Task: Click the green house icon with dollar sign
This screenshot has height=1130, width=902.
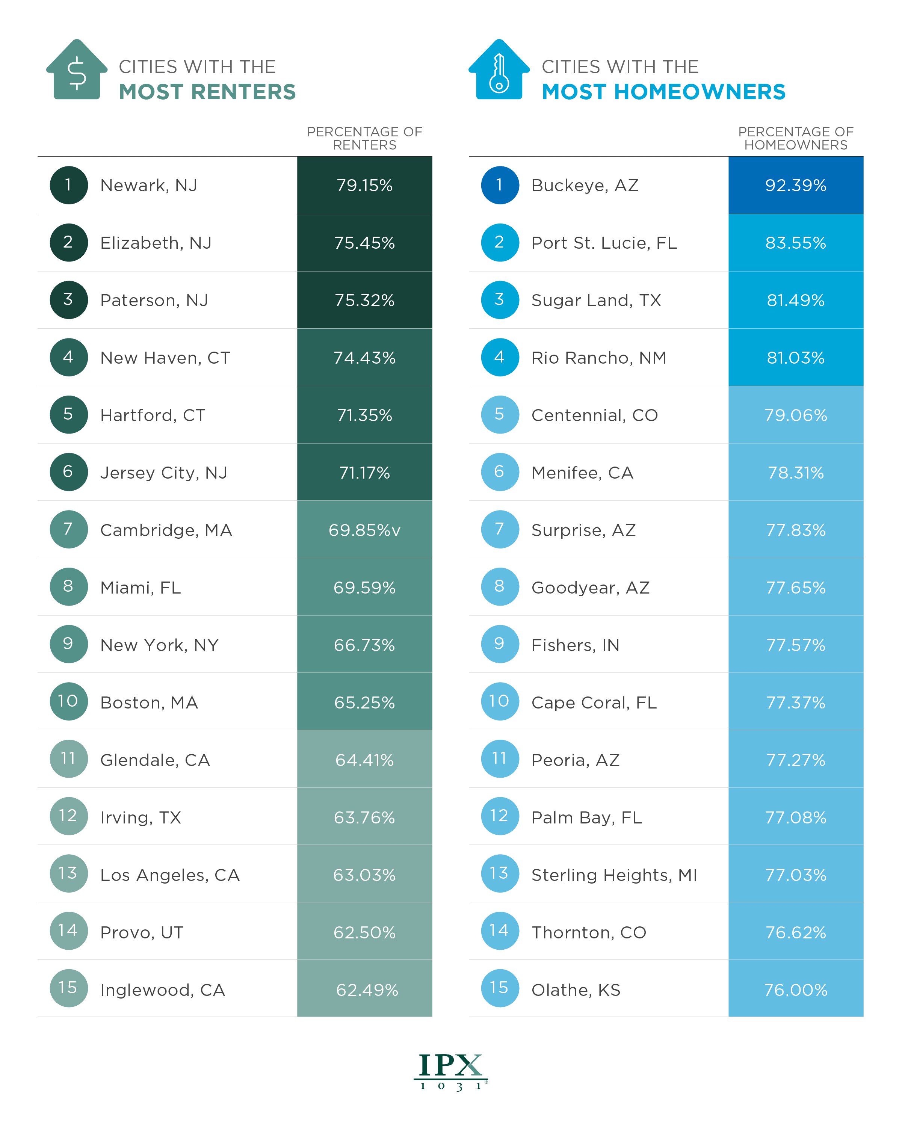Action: (x=77, y=70)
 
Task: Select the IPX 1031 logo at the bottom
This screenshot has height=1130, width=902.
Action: (x=451, y=1071)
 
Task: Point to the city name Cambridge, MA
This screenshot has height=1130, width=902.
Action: (x=166, y=530)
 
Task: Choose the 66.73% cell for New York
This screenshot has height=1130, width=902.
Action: (x=364, y=645)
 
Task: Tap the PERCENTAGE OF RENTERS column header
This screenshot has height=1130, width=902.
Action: (x=364, y=138)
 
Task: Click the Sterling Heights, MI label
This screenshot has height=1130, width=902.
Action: (x=614, y=875)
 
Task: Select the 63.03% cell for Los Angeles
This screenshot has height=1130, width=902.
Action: (x=364, y=875)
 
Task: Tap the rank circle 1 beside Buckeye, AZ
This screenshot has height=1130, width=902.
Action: (x=500, y=185)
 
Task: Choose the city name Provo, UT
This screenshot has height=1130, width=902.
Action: (x=142, y=933)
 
